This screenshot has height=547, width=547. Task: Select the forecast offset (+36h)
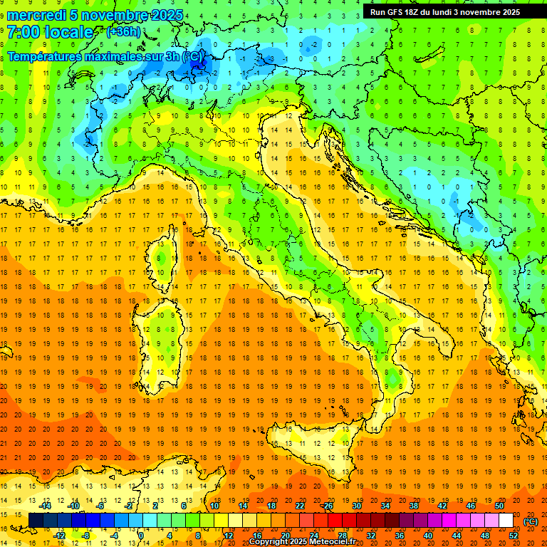point(123,32)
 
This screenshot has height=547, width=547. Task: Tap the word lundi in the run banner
point(450,12)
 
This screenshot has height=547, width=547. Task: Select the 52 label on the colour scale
point(514,536)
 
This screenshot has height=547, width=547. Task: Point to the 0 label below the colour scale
point(141,536)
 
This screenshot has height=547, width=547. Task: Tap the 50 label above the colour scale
point(499,506)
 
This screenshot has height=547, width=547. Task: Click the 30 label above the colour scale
point(356,506)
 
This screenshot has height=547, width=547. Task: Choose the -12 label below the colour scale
point(60,536)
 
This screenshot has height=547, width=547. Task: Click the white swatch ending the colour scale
point(506,521)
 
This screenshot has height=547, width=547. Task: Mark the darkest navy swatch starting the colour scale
point(36,521)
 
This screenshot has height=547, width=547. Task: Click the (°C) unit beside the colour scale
point(531,521)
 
